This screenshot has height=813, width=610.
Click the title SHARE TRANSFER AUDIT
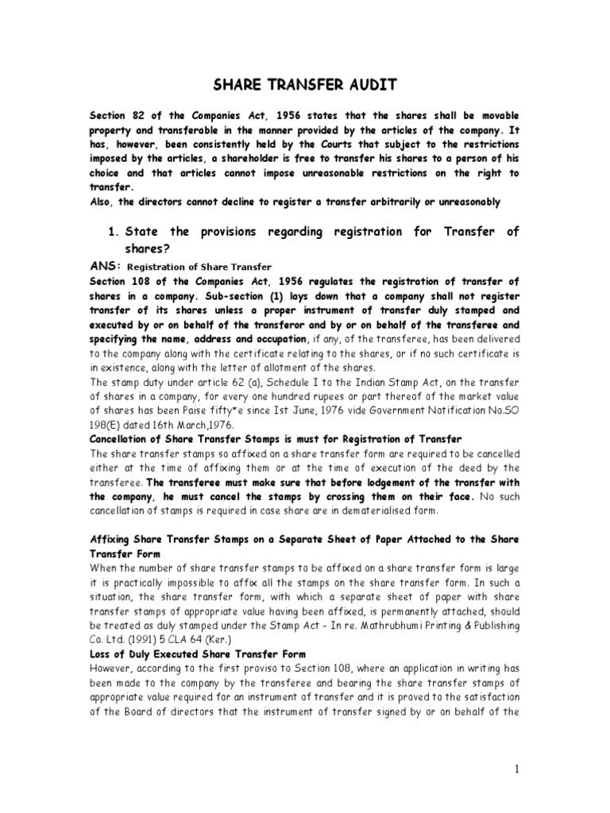click(x=304, y=86)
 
